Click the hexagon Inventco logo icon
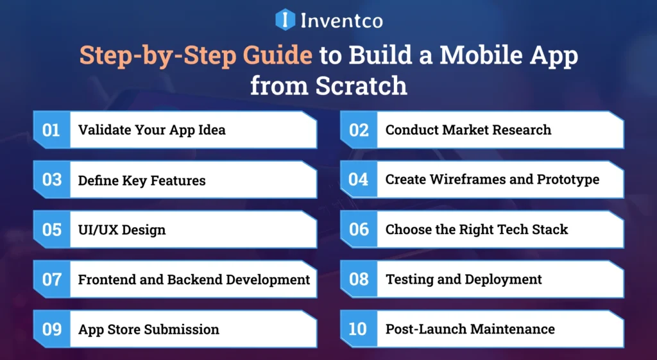tap(285, 19)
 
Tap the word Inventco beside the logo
tap(341, 21)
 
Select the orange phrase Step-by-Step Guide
tap(196, 56)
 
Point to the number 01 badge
tap(51, 130)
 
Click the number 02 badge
tap(359, 130)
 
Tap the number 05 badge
tap(51, 230)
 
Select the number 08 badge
tap(359, 279)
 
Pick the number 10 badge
tap(358, 329)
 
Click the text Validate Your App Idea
tap(151, 130)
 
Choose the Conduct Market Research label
tap(468, 130)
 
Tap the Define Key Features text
tap(142, 180)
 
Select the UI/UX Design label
tap(122, 230)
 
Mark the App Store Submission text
tap(148, 330)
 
